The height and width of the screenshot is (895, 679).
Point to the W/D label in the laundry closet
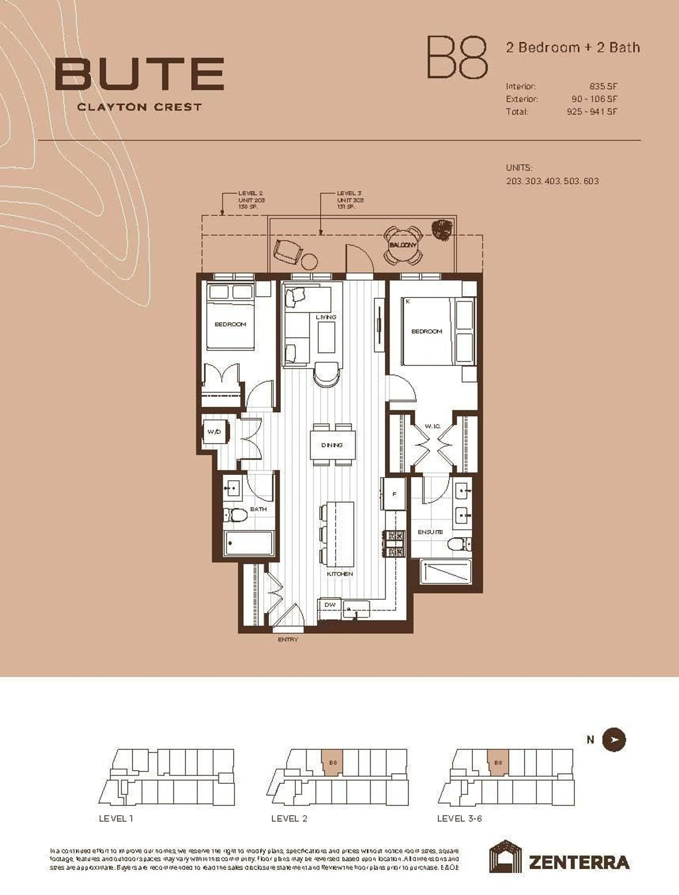pos(214,432)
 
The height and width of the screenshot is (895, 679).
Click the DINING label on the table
pos(332,445)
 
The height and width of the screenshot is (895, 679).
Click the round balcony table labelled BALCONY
pos(403,245)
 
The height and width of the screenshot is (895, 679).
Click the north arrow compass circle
pos(614,740)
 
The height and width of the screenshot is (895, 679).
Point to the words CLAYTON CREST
pos(139,107)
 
